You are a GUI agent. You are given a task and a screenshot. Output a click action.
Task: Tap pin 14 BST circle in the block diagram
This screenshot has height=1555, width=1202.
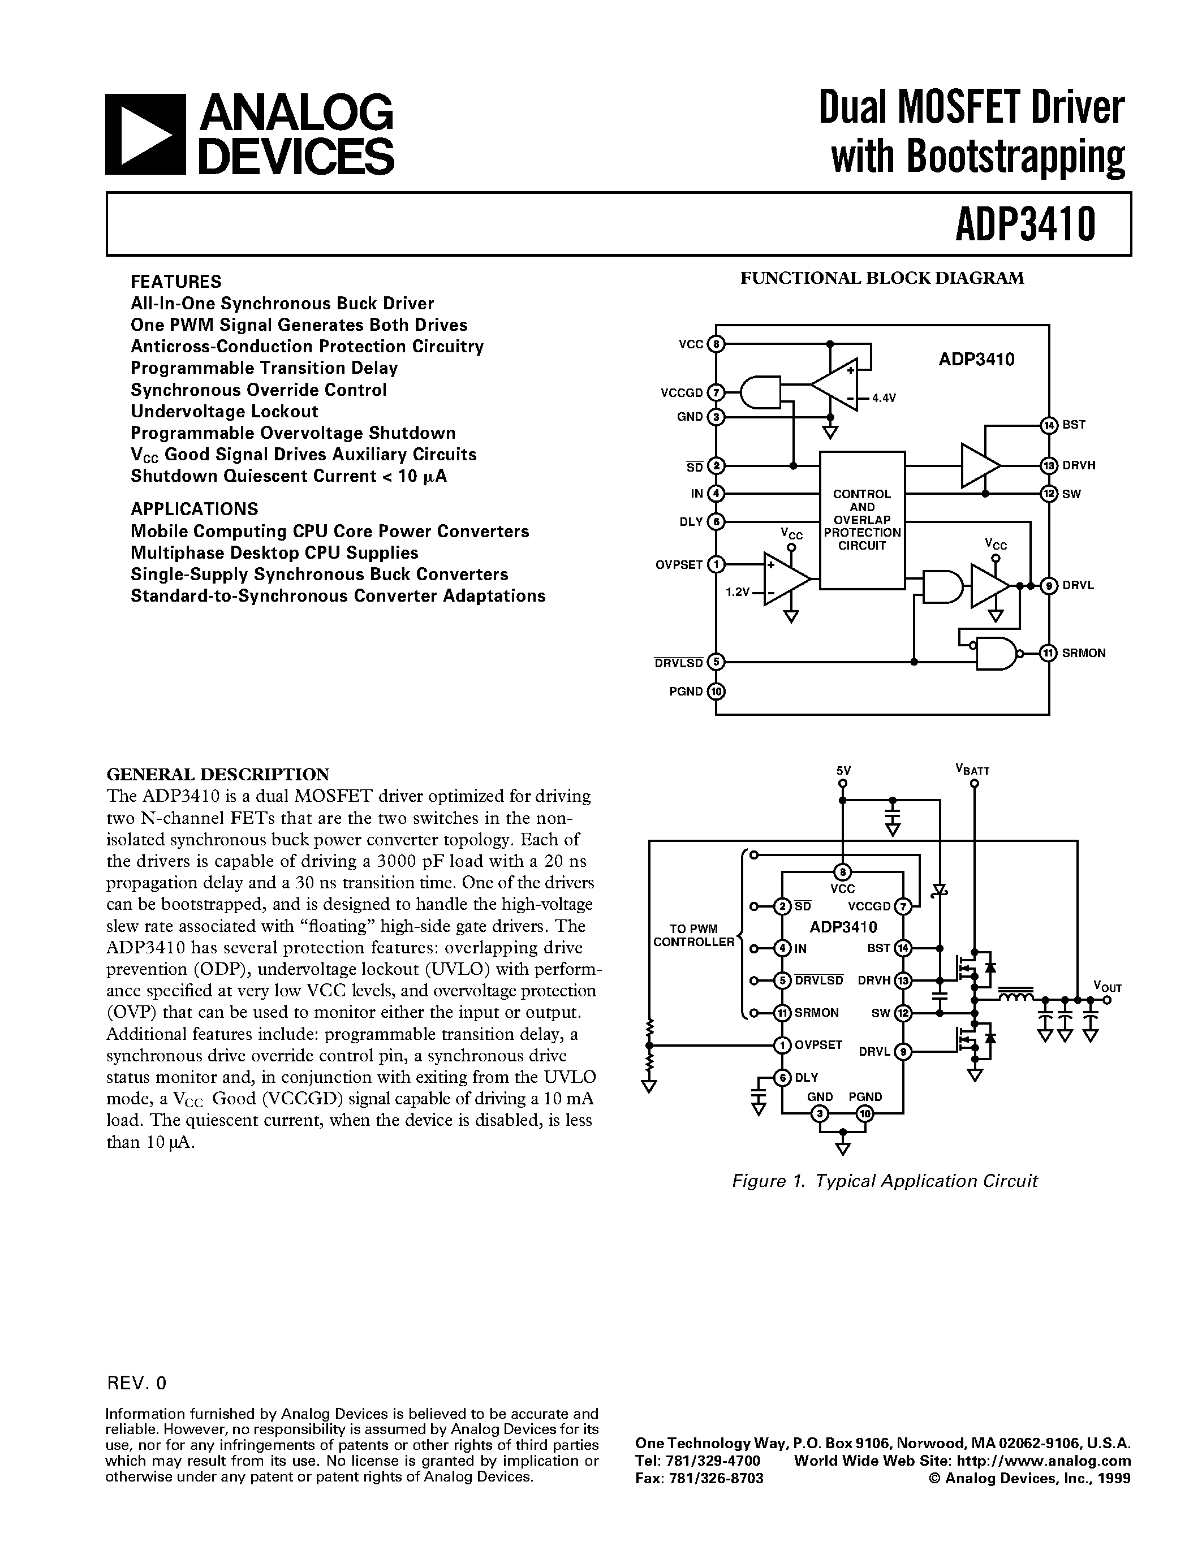click(x=1048, y=425)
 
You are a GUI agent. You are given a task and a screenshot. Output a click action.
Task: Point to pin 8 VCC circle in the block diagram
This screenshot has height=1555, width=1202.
click(x=716, y=344)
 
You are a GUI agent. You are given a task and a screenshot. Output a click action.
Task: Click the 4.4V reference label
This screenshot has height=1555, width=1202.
click(x=883, y=399)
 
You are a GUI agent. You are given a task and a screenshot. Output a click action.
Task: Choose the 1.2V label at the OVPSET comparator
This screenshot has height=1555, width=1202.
click(x=737, y=591)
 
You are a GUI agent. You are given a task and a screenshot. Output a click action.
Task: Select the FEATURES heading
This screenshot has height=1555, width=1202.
click(x=176, y=281)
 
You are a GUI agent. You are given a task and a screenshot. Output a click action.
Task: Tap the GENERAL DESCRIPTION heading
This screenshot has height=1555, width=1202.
click(x=218, y=774)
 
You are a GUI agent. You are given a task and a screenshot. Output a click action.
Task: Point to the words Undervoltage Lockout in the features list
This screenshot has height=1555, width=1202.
click(x=225, y=412)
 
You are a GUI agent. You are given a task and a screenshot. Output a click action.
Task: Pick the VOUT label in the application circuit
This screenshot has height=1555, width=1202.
click(x=1108, y=987)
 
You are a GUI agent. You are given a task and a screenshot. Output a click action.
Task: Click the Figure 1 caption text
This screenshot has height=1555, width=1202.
click(x=885, y=1181)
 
